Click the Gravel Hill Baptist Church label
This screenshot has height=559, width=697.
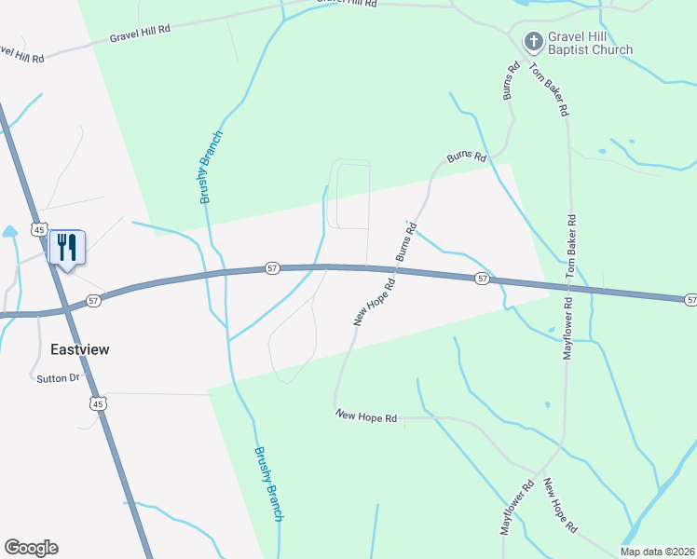pyautogui.click(x=591, y=44)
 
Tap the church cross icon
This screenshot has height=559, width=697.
pyautogui.click(x=533, y=41)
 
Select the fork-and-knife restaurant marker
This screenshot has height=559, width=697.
pyautogui.click(x=66, y=248)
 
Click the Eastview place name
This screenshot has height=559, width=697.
pyautogui.click(x=79, y=349)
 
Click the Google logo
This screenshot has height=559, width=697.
pyautogui.click(x=31, y=548)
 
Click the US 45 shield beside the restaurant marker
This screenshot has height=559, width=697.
pyautogui.click(x=38, y=229)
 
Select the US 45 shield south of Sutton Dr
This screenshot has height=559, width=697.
pyautogui.click(x=98, y=402)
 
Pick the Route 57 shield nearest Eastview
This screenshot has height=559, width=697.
pyautogui.click(x=93, y=300)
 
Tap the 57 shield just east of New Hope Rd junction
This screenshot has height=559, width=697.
pyautogui.click(x=481, y=279)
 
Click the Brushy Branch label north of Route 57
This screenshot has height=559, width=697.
pyautogui.click(x=212, y=168)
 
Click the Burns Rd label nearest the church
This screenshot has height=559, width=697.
pyautogui.click(x=510, y=81)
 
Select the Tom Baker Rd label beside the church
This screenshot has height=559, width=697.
pyautogui.click(x=548, y=89)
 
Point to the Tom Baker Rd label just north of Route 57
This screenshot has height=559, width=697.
pyautogui.click(x=572, y=247)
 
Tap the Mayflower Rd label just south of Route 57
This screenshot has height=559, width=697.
pyautogui.click(x=566, y=327)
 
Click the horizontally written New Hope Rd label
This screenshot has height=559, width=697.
pyautogui.click(x=366, y=417)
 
